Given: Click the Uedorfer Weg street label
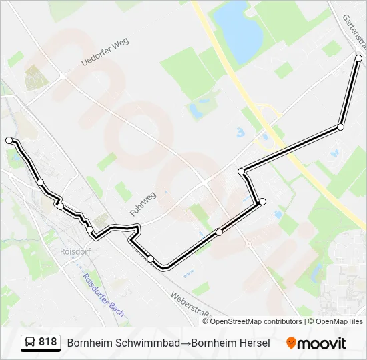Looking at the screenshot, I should click(105, 52).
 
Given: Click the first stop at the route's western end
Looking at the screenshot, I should click(9, 140).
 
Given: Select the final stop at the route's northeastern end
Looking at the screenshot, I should click(358, 58).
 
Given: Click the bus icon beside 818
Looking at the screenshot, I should click(30, 343).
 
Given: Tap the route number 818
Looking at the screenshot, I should click(48, 342).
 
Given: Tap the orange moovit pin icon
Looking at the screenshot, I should click(291, 343).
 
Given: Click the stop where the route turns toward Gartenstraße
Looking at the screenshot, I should click(341, 127).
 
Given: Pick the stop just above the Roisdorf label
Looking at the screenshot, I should click(90, 229).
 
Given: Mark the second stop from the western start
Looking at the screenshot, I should click(41, 182).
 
